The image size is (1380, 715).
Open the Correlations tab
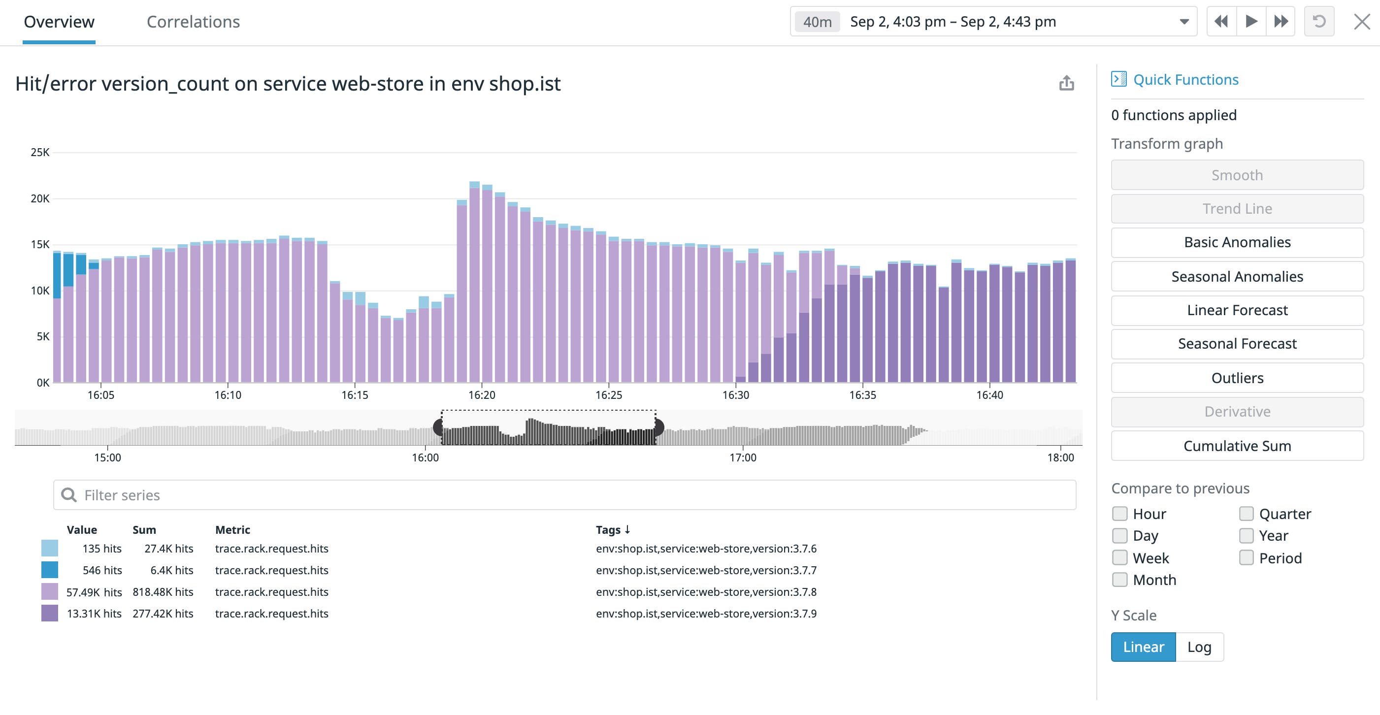click(x=193, y=22)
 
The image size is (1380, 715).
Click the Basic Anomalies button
click(x=1237, y=243)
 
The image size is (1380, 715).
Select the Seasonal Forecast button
click(x=1237, y=344)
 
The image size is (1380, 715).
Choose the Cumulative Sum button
click(x=1237, y=446)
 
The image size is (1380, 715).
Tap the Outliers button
click(x=1237, y=378)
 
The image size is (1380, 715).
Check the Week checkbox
click(x=1119, y=558)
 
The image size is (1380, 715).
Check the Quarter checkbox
click(x=1246, y=514)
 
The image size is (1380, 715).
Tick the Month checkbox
click(x=1119, y=580)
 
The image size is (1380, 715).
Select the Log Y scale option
click(x=1199, y=647)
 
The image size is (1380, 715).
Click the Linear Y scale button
click(x=1143, y=647)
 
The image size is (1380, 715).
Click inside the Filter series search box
click(x=562, y=495)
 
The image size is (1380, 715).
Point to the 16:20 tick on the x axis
click(x=482, y=395)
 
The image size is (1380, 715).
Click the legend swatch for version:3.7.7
click(x=50, y=570)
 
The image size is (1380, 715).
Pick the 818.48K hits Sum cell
click(x=163, y=592)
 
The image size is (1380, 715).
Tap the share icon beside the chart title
click(x=1066, y=83)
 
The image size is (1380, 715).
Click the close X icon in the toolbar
click(x=1361, y=22)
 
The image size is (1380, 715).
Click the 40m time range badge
click(x=817, y=22)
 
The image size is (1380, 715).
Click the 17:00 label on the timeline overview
click(x=743, y=458)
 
